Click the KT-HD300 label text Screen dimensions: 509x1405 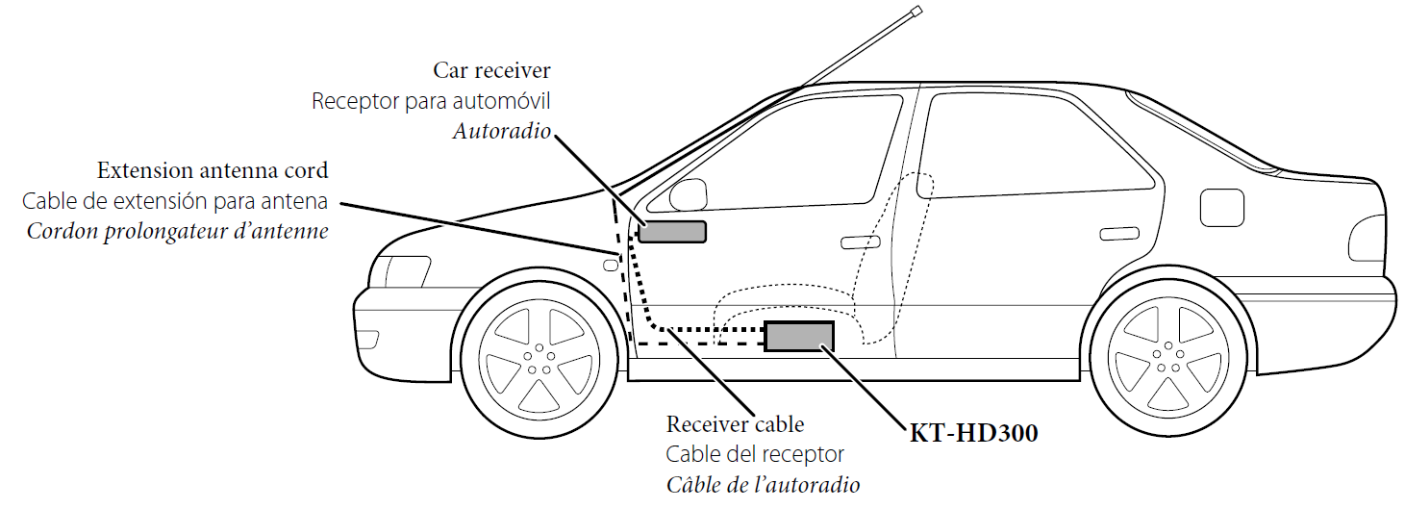pos(973,434)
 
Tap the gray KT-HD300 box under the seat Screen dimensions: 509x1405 pos(798,336)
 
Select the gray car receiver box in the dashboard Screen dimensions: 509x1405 pos(672,231)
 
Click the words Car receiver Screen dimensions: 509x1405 pos(491,70)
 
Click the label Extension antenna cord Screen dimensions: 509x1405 pos(213,171)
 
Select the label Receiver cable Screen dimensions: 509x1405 pos(735,424)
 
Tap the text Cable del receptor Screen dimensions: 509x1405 pos(755,454)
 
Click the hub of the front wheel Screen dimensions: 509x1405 pos(538,357)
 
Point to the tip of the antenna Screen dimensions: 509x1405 pos(916,12)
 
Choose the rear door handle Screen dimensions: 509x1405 pos(1116,233)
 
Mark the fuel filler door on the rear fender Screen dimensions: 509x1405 pos(1222,206)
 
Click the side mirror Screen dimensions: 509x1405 pos(686,191)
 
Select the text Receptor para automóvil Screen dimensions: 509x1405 pos(431,101)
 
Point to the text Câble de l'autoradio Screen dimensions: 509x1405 pos(763,484)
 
